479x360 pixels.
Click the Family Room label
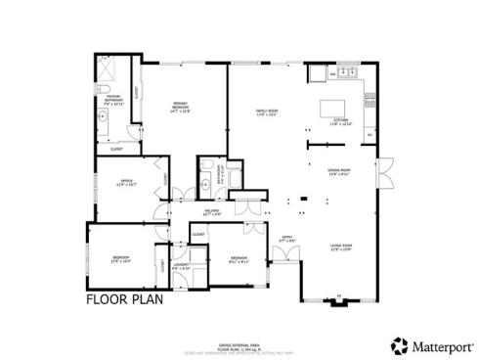click(267, 112)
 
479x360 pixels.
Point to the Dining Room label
click(339, 172)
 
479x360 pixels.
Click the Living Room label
click(340, 247)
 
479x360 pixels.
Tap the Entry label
click(288, 238)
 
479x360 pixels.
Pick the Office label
click(127, 183)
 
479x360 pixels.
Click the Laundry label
click(181, 266)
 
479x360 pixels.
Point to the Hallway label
click(212, 210)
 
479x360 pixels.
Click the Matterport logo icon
click(399, 344)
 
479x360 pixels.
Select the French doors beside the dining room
click(385, 172)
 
